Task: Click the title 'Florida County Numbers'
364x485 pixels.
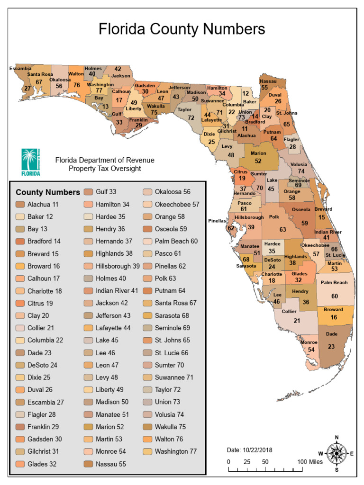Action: point(182,29)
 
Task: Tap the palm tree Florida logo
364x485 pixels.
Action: point(31,161)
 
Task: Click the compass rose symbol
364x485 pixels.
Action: point(337,453)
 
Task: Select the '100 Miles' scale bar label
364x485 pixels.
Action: point(310,461)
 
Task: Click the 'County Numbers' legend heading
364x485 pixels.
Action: point(48,192)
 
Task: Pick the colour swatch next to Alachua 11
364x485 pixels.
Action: point(20,205)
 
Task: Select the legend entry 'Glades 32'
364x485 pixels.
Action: point(42,464)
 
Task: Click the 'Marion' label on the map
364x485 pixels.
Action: point(258,153)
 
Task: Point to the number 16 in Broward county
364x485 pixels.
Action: point(334,317)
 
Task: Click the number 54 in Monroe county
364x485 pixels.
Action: point(311,349)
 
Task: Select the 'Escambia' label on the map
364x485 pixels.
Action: point(20,68)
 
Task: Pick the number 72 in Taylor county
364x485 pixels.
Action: point(191,117)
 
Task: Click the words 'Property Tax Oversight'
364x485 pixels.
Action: point(105,168)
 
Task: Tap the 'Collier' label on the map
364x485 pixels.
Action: point(289,312)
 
